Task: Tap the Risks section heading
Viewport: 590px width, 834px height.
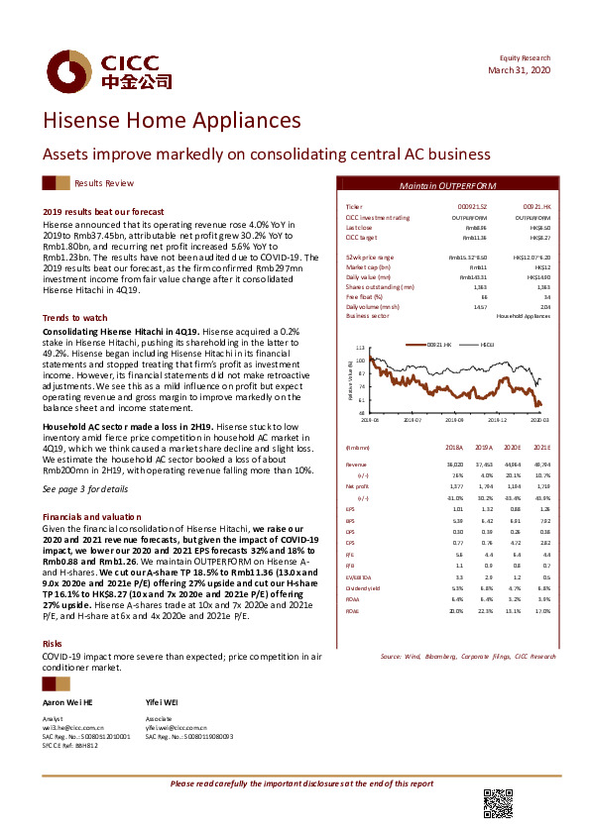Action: [54, 615]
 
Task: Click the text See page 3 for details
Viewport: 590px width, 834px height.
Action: [85, 488]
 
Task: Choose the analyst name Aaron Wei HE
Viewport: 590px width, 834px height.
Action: [67, 701]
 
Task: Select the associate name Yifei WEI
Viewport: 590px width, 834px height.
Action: [163, 701]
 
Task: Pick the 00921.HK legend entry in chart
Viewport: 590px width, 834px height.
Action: [438, 344]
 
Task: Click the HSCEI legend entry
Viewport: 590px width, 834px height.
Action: [487, 344]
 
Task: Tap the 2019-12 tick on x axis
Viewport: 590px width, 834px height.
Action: [498, 419]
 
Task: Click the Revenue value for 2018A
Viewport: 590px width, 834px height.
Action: [455, 464]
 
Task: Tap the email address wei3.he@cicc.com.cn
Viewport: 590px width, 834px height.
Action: [71, 727]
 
